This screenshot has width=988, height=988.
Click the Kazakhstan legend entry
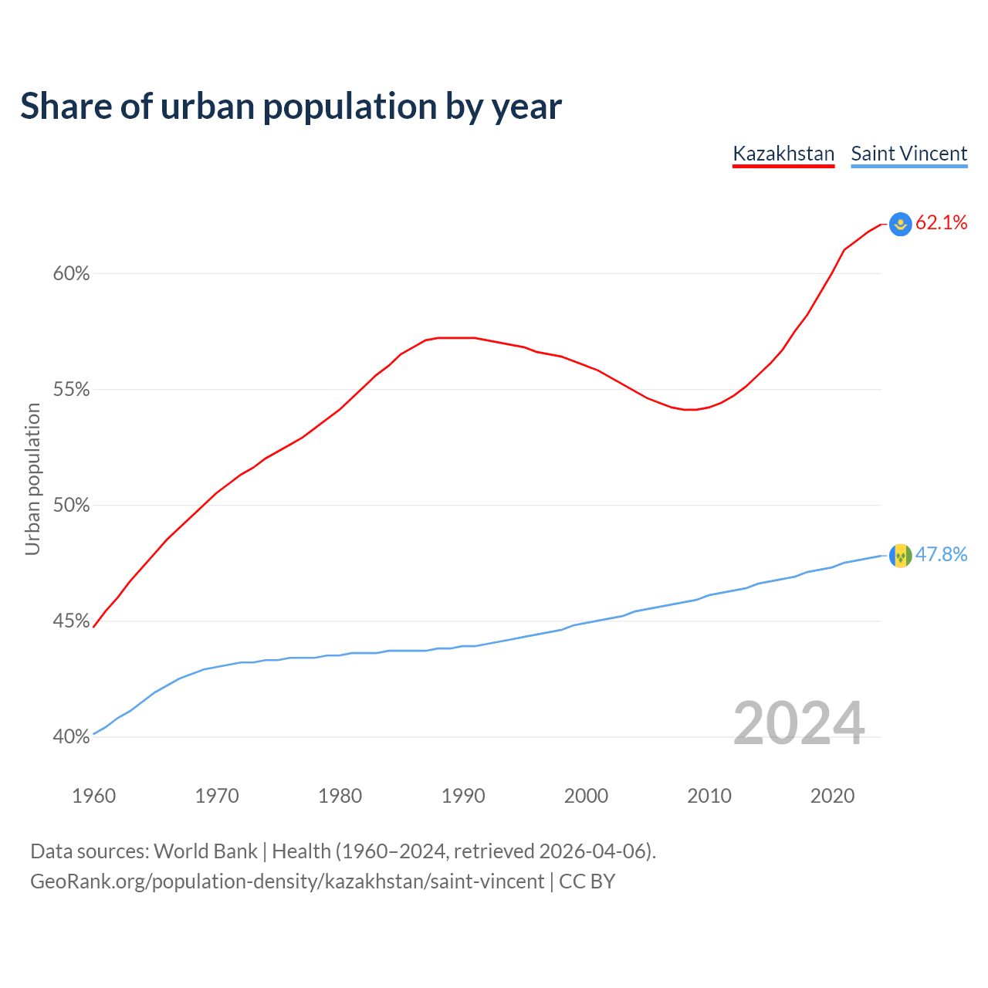pos(783,154)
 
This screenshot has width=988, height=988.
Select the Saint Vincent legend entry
pos(908,154)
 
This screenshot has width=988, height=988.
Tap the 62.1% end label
pos(941,223)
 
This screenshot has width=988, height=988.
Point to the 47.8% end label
pos(941,555)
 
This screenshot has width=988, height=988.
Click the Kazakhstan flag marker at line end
pos(900,224)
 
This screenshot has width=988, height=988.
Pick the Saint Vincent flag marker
pos(900,556)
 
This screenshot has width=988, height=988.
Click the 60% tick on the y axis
pos(71,274)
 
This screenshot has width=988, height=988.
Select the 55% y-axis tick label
pos(71,390)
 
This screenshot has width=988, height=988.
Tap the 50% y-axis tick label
pos(71,506)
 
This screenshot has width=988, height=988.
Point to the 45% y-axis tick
pos(71,621)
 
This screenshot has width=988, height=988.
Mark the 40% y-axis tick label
pos(71,737)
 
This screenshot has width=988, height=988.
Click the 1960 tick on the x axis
pos(93,796)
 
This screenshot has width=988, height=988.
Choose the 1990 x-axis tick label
pos(463,796)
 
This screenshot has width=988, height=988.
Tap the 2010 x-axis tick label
pos(709,796)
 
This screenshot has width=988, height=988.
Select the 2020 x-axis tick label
pos(832,796)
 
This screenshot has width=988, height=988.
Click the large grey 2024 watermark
pos(799,723)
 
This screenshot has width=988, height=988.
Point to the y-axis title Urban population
pos(32,479)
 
